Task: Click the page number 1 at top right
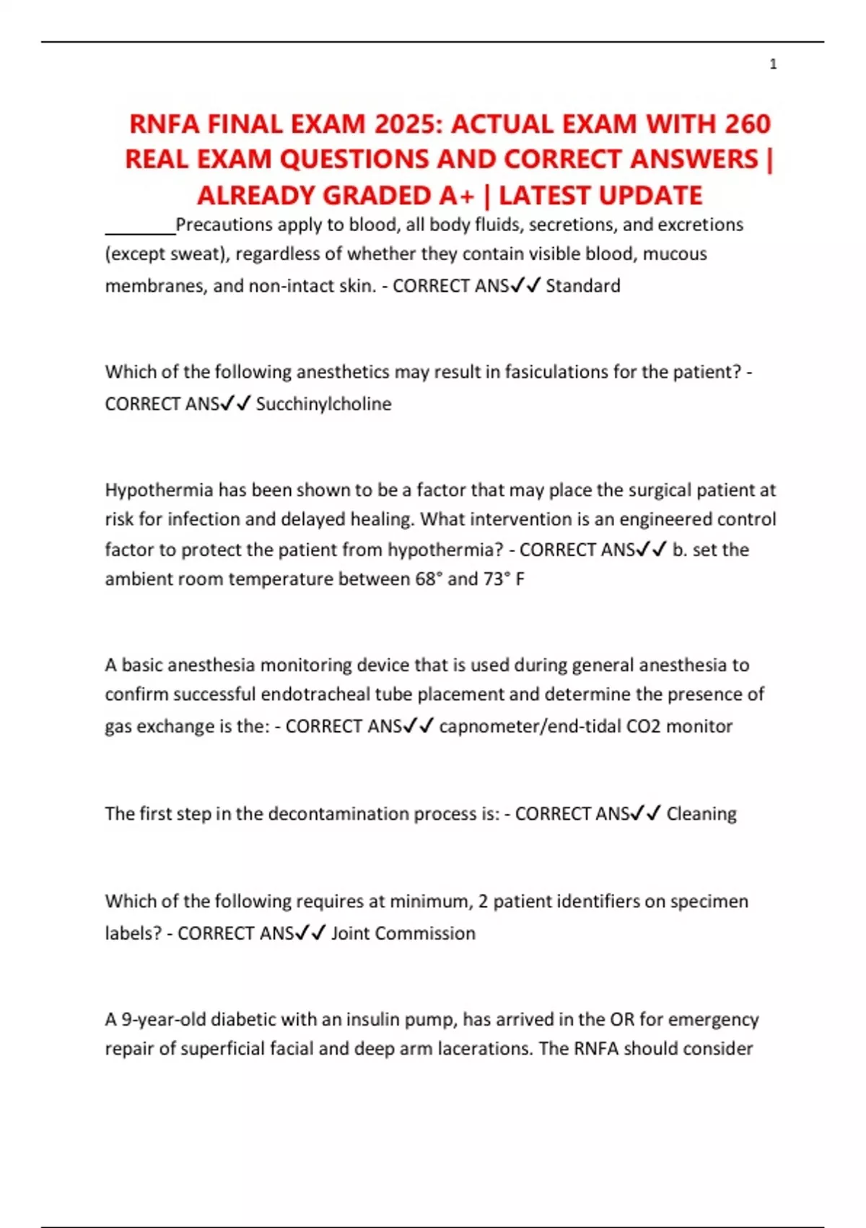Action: tap(773, 64)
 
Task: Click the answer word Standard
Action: tap(582, 286)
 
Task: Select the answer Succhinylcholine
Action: tap(323, 404)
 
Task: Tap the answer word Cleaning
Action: tap(701, 814)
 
